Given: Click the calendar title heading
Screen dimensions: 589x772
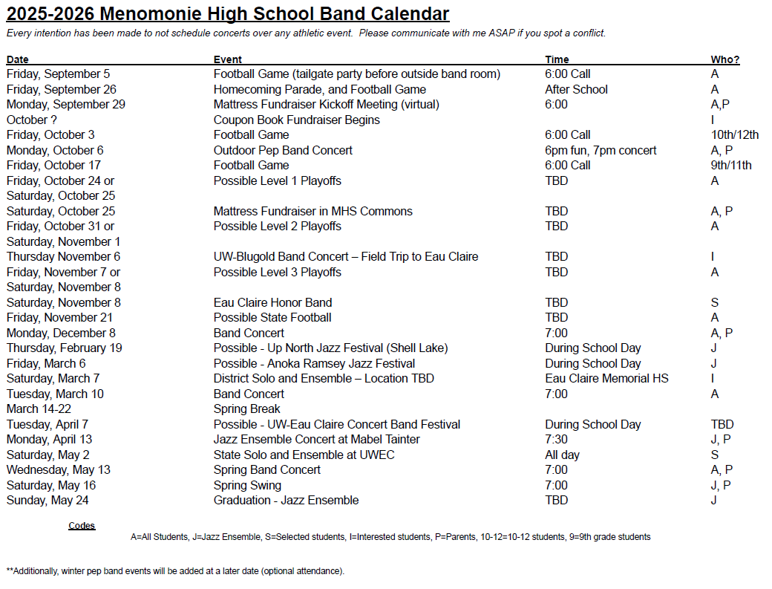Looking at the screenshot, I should (228, 14).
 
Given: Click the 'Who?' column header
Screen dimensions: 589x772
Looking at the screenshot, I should (724, 59).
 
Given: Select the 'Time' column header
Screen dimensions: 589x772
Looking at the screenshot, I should (557, 59).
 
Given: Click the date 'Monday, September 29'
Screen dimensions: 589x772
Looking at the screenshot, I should (66, 105).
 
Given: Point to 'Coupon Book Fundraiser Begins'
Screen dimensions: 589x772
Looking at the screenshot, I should (296, 120).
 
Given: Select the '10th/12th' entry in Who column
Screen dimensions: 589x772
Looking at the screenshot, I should (734, 135).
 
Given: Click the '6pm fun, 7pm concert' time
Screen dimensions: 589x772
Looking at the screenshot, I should (601, 150).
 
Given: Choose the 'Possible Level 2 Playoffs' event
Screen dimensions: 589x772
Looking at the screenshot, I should (278, 226).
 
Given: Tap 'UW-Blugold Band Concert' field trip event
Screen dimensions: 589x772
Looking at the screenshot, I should (346, 256).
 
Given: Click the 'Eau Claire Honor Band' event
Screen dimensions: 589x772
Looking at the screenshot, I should (272, 302).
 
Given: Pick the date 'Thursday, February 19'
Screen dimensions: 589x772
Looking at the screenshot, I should (65, 348).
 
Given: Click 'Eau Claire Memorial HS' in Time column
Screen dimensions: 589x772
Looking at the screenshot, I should (606, 378).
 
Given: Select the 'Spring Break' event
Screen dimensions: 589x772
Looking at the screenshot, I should (247, 409).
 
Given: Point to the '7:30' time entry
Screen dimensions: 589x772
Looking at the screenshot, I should (556, 439).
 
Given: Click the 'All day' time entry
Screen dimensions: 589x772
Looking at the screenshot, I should (562, 455).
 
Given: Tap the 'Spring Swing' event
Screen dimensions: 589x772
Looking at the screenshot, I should (247, 485).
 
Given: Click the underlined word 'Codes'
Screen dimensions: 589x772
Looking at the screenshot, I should (82, 526).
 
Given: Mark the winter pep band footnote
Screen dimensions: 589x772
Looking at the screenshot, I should (175, 571).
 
